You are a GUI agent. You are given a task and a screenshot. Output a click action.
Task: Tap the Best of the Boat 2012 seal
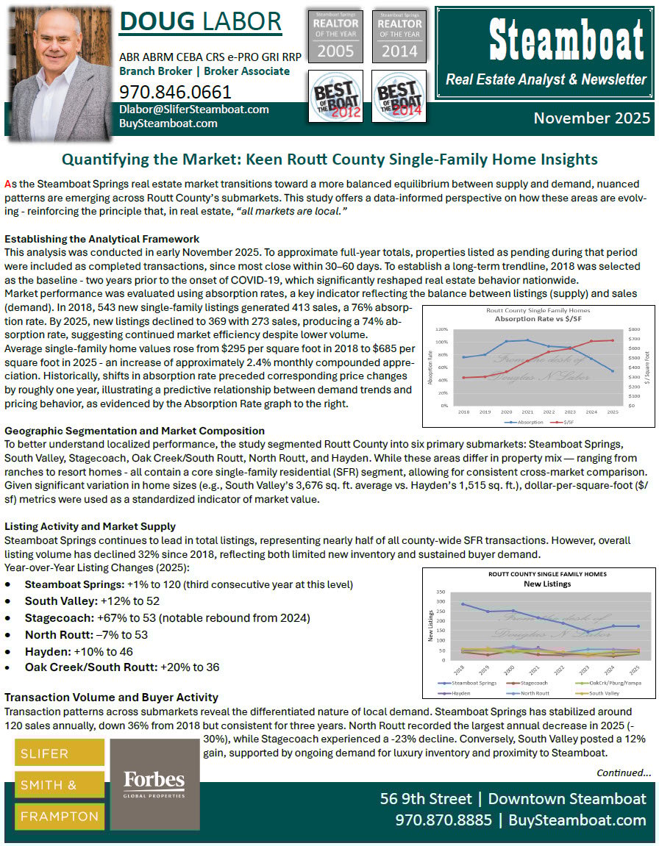[335, 96]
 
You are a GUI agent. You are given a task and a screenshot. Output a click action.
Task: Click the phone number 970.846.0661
[175, 92]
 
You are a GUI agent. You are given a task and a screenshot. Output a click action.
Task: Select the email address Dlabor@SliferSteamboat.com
[194, 110]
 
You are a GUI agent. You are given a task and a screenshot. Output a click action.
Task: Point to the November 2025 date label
[592, 118]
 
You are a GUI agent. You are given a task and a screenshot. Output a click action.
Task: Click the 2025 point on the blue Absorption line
[613, 371]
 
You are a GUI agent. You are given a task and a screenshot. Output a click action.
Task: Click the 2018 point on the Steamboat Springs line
[462, 604]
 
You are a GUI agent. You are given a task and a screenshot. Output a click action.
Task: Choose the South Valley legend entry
[602, 692]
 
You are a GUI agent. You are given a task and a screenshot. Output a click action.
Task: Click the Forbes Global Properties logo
[154, 784]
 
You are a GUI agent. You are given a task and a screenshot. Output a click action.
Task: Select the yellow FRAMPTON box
[60, 816]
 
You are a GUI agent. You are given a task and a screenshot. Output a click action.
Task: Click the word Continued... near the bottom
[623, 772]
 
